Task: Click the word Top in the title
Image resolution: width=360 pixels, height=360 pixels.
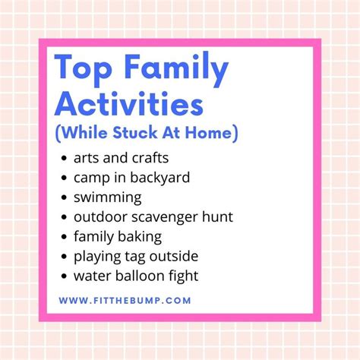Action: coord(84,67)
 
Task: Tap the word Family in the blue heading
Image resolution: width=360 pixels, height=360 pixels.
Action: coord(176,68)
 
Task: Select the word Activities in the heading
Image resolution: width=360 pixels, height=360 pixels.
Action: coord(129,104)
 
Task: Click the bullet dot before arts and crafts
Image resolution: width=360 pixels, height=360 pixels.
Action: coord(64,159)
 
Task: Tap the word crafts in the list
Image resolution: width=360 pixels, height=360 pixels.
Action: coord(150,158)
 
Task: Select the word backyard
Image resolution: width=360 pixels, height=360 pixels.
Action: coord(159,178)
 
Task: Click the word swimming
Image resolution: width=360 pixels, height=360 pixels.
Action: coord(108,197)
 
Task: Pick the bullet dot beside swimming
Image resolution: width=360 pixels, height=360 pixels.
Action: coord(64,197)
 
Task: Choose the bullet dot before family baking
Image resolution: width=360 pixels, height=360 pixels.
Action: coord(64,237)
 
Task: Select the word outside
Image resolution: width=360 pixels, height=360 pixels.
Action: coord(174,256)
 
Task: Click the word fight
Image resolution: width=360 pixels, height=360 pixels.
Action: coord(182,276)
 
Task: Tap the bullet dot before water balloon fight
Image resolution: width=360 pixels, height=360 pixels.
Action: coord(64,276)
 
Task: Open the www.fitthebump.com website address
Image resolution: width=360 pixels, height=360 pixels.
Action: coord(125,301)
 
